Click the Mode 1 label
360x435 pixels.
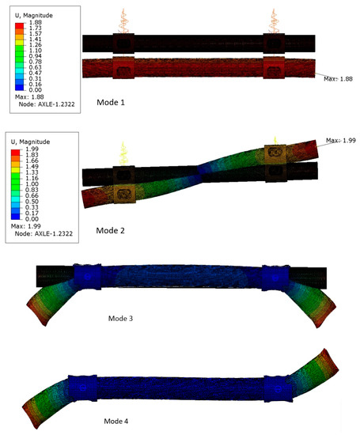(111, 102)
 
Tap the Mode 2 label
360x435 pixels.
(110, 230)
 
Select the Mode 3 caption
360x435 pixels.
(120, 318)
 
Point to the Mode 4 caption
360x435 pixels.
(116, 421)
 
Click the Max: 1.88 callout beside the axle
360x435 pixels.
(338, 79)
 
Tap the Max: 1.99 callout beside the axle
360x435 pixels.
(340, 140)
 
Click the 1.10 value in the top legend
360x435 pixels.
(36, 51)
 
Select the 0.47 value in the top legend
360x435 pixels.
(36, 73)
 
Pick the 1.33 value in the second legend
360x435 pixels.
(32, 172)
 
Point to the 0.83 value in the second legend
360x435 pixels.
(32, 190)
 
